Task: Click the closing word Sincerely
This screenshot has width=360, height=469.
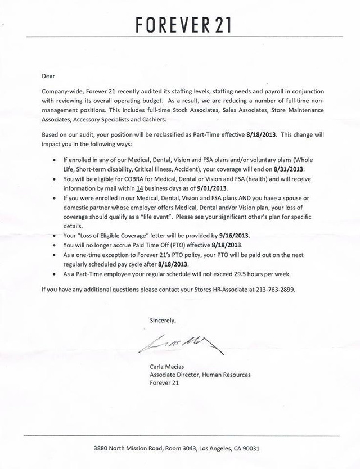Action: point(163,320)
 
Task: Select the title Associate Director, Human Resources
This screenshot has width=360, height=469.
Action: point(200,376)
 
